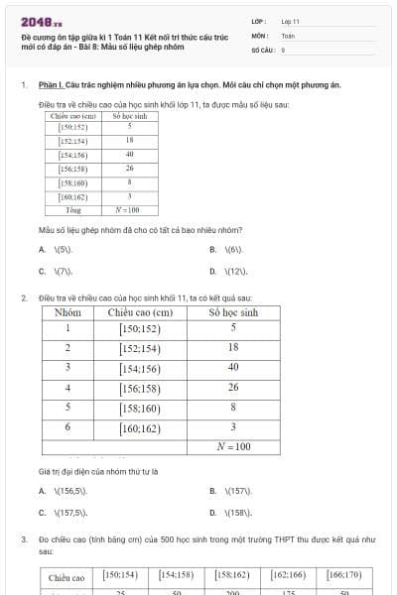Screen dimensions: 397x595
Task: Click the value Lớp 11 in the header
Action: (x=291, y=21)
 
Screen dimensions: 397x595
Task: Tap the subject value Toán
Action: (x=288, y=35)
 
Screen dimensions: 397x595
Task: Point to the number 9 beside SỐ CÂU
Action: (x=283, y=49)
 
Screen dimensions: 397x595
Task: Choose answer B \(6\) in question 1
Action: (x=232, y=250)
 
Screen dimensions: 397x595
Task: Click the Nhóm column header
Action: (x=67, y=312)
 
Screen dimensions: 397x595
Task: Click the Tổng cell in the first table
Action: (x=73, y=210)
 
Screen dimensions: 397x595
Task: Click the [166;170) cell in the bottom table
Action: (x=343, y=574)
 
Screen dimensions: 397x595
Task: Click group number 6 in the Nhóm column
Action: (x=67, y=427)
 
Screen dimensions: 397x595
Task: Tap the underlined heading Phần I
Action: (x=52, y=85)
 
